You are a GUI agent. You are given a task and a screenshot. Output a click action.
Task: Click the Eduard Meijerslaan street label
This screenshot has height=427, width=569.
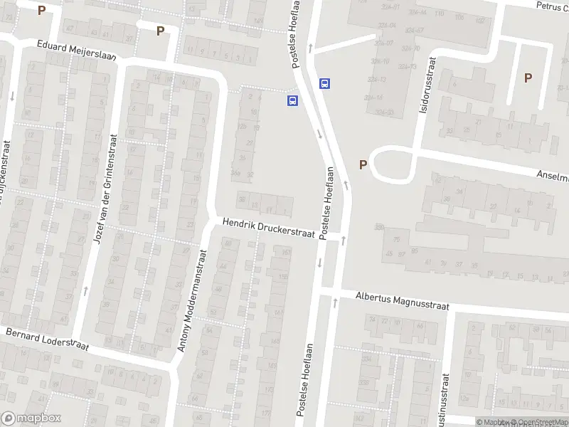click(77, 51)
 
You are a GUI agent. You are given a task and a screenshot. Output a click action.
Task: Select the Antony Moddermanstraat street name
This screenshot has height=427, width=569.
click(192, 300)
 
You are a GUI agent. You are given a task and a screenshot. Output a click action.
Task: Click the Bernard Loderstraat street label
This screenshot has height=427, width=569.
click(47, 339)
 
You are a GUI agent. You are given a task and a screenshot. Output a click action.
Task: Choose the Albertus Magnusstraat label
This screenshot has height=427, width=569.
click(403, 299)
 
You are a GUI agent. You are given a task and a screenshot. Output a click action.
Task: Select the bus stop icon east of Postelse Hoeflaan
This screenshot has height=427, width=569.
click(325, 83)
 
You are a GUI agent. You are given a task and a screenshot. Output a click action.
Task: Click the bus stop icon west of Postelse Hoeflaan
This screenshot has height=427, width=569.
click(292, 100)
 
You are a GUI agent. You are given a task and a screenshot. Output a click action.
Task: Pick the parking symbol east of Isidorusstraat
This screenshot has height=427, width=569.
click(528, 78)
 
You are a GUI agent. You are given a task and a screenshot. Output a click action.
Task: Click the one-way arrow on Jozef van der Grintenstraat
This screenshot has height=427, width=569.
click(86, 290)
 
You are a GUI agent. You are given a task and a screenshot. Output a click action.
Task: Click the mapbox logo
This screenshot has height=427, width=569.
click(31, 418)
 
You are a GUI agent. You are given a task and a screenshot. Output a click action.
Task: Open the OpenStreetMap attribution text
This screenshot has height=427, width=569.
click(538, 422)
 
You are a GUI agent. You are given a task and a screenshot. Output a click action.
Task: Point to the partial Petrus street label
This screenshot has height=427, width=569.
click(552, 6)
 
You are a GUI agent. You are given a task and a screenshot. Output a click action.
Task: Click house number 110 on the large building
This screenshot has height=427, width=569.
click(439, 14)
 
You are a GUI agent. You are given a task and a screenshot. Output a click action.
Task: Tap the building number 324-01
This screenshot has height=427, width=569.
click(390, 7)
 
